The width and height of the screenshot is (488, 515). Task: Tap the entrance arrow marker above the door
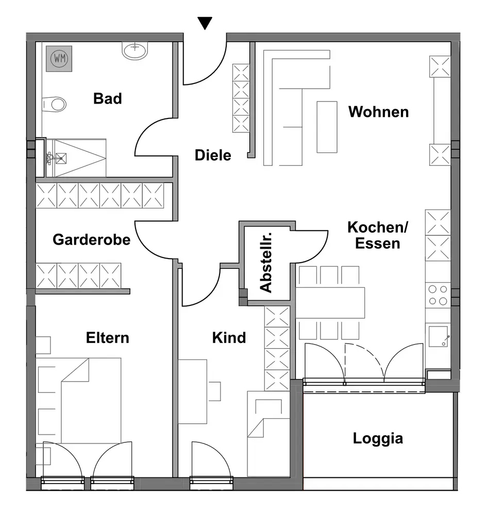(205, 23)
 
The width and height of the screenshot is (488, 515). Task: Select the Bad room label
(107, 98)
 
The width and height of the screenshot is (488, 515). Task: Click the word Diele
(213, 154)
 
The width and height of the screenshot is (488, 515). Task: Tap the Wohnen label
(378, 112)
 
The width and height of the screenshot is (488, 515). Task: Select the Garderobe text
(92, 239)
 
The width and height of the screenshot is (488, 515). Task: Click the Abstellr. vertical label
(266, 263)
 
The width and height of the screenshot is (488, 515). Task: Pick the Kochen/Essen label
(378, 235)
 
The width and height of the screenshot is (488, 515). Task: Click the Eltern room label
(107, 338)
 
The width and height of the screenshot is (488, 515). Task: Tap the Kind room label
(229, 338)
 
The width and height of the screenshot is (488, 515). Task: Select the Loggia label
(378, 439)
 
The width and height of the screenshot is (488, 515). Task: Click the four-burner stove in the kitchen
(437, 295)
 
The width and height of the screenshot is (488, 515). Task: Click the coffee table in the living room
(327, 127)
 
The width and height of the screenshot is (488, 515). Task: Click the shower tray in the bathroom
(77, 151)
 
